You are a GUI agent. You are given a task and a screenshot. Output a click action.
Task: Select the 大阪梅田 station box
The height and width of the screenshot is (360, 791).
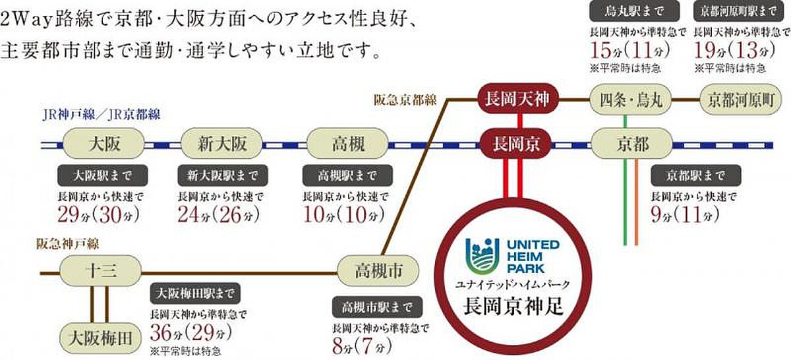102,338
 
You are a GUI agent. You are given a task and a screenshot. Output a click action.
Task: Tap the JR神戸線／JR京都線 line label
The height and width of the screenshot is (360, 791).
100,114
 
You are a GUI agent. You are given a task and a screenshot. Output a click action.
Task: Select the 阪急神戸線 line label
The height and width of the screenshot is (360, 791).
67,245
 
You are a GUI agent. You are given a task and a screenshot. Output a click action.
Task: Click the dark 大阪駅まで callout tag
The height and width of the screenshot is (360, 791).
102,175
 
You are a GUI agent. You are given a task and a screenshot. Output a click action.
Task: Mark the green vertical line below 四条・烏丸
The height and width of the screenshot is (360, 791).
624,198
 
